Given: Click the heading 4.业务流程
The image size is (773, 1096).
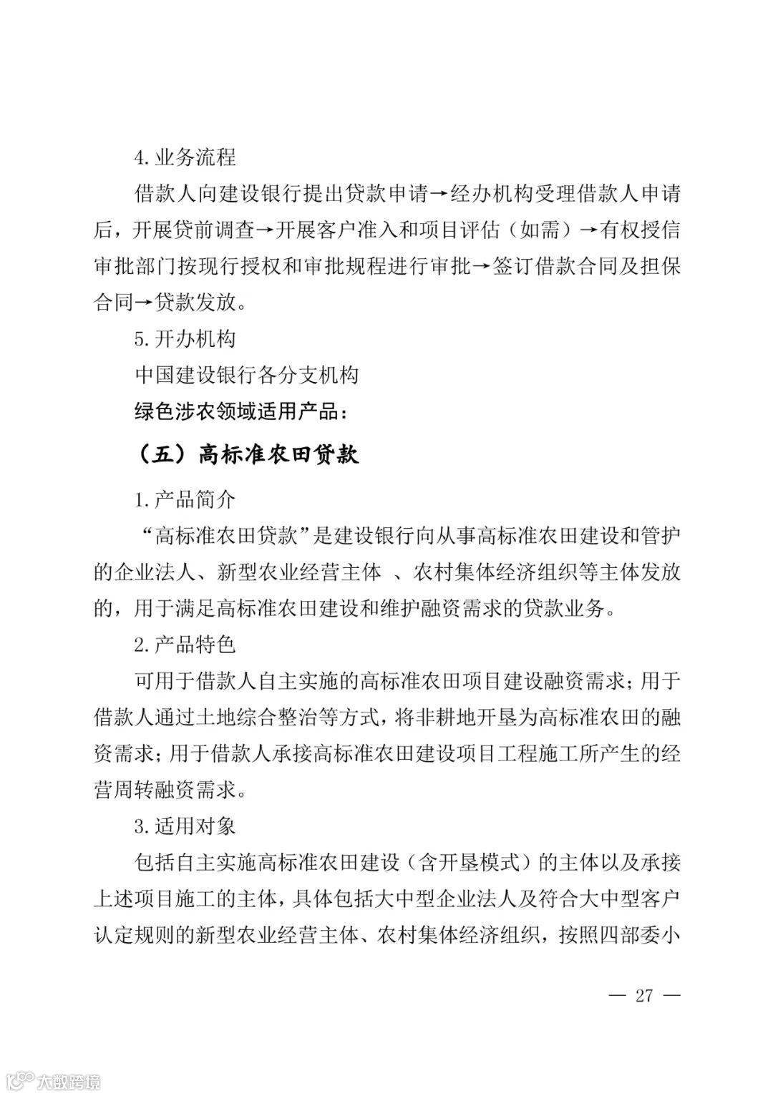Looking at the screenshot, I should click(x=185, y=157).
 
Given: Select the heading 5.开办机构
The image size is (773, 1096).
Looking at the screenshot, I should click(x=185, y=339).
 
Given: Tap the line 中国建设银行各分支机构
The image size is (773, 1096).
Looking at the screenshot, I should click(x=246, y=376).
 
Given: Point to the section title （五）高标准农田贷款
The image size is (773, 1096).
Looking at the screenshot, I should click(x=246, y=454).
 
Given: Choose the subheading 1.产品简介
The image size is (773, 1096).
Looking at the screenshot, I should click(x=185, y=499).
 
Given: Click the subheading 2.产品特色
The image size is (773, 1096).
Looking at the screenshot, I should click(x=185, y=645).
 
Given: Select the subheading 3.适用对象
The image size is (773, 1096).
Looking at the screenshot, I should click(x=185, y=827).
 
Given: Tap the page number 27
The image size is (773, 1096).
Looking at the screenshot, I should click(x=644, y=995).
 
